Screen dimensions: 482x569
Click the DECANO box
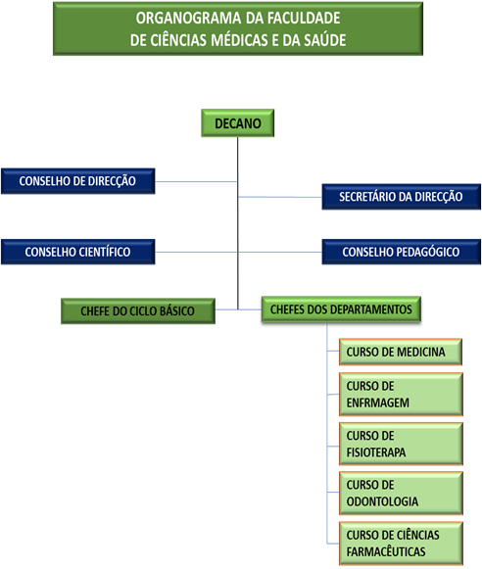(x=238, y=123)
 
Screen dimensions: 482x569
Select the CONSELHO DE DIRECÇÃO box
(x=78, y=181)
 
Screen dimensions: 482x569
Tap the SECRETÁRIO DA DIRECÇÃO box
(x=401, y=197)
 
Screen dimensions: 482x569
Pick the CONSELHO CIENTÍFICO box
(x=78, y=252)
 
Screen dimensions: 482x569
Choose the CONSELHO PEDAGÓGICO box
(x=401, y=252)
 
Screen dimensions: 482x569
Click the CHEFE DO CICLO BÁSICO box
(x=138, y=311)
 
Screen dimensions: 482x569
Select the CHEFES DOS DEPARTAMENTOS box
(x=341, y=309)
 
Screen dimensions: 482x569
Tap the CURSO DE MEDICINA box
(x=401, y=352)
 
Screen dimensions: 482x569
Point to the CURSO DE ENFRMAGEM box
(x=401, y=394)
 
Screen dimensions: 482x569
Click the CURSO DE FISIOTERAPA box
(x=401, y=444)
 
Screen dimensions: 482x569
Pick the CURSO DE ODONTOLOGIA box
(x=401, y=494)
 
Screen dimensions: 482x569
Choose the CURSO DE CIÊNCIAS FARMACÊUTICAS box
(x=401, y=544)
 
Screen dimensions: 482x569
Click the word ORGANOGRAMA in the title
(x=189, y=19)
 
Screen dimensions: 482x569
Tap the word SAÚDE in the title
(x=324, y=40)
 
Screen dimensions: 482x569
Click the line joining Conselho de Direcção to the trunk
(x=196, y=181)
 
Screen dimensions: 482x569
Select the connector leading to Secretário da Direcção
(x=280, y=197)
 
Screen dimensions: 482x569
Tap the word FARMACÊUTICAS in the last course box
(x=386, y=551)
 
